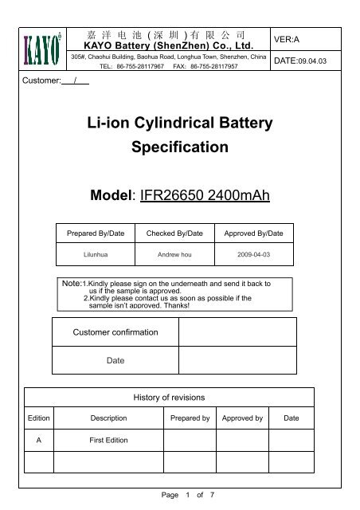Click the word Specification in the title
178,147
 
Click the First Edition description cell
108,439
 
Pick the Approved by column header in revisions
242,417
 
